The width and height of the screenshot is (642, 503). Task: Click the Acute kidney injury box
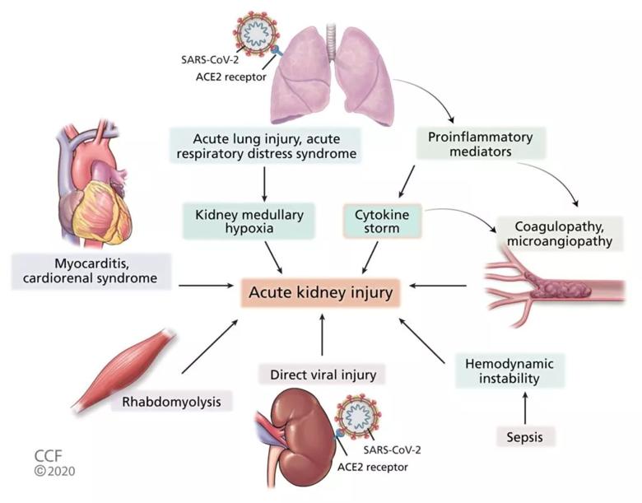[x=321, y=292]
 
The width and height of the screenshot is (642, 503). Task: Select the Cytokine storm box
[x=382, y=221]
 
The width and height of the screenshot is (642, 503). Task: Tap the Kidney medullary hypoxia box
[x=249, y=221]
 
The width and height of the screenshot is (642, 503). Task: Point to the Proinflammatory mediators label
[x=481, y=144]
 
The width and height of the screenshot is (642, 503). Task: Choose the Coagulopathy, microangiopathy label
[x=560, y=234]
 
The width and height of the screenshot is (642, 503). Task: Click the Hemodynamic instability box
[x=509, y=370]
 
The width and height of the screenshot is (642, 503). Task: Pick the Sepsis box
[x=525, y=436]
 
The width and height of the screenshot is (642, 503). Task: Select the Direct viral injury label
[x=322, y=375]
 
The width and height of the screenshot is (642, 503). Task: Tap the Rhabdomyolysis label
[x=172, y=402]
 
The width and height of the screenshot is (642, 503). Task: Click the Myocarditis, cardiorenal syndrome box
[x=91, y=271]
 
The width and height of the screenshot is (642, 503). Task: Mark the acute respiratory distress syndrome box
[x=265, y=147]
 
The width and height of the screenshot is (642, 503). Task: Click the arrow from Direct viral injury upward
[x=322, y=335]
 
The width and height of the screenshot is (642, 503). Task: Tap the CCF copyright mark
[x=54, y=463]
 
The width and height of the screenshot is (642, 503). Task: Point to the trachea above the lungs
[x=331, y=41]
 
